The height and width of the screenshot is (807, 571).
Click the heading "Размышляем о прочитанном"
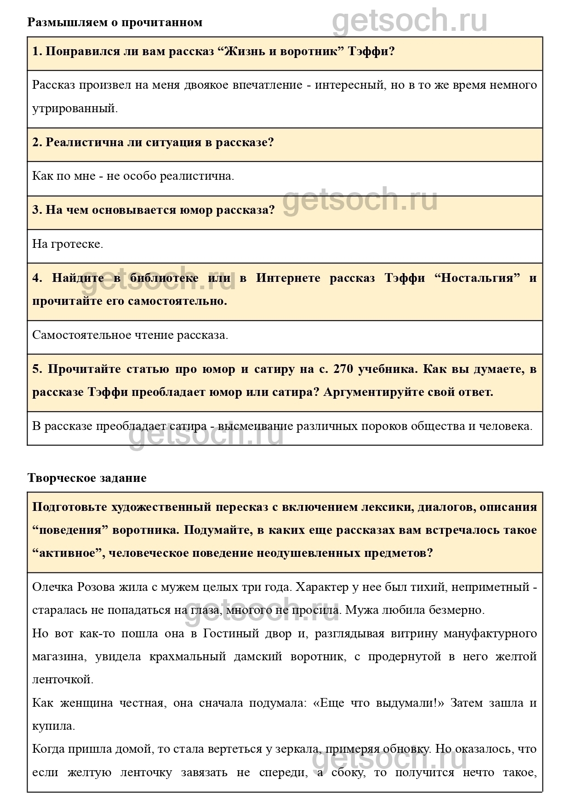[115, 22]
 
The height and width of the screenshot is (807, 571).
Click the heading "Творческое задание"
[87, 478]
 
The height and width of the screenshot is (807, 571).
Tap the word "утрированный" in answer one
[74, 109]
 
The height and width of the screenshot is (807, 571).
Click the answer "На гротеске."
[68, 244]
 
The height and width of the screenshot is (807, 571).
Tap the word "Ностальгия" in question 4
[477, 278]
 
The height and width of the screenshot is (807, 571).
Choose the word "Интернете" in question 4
[288, 278]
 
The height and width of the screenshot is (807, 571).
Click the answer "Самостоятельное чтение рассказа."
[130, 335]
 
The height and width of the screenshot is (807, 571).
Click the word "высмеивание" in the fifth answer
[255, 426]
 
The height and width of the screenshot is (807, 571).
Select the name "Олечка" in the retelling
[52, 587]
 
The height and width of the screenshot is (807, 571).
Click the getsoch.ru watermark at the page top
[409, 21]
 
